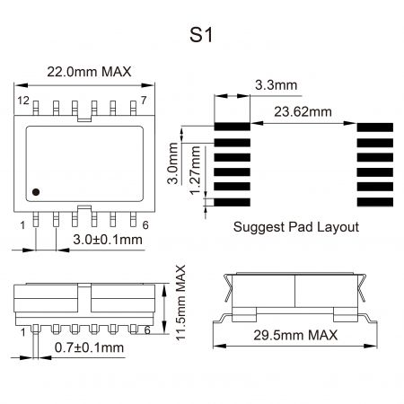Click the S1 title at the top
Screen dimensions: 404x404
201,36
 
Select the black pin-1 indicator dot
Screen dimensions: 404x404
35,191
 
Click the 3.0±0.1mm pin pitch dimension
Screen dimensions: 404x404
106,240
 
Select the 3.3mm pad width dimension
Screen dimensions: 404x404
276,85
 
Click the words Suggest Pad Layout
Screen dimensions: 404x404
295,227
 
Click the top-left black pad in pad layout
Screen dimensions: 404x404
232,128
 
